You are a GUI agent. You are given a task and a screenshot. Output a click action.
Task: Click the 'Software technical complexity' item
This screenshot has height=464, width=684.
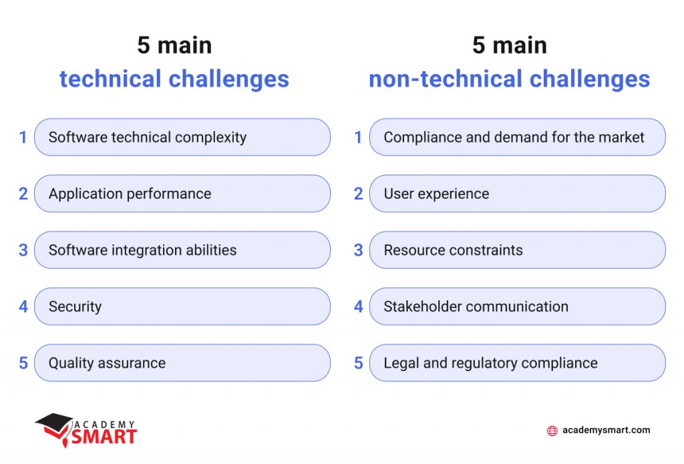pyautogui.click(x=182, y=138)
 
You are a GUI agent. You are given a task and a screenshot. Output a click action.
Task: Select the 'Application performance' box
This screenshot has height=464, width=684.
pyautogui.click(x=182, y=194)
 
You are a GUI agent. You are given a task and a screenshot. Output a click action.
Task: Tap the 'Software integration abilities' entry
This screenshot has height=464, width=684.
pyautogui.click(x=182, y=250)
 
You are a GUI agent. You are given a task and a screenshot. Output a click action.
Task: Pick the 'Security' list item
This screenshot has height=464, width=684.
pyautogui.click(x=182, y=306)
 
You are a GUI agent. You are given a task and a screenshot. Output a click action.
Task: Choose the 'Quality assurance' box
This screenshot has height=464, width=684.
pyautogui.click(x=182, y=363)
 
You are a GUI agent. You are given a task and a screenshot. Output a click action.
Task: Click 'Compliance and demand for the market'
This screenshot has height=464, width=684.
pyautogui.click(x=517, y=138)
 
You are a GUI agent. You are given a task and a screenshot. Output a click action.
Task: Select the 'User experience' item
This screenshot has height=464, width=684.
pyautogui.click(x=517, y=194)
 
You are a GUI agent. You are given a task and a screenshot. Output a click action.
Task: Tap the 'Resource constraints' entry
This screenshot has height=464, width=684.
pyautogui.click(x=517, y=250)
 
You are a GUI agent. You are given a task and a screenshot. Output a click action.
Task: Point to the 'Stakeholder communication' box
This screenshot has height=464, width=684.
pyautogui.click(x=517, y=306)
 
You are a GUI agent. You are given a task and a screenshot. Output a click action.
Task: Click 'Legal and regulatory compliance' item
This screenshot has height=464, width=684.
pyautogui.click(x=517, y=363)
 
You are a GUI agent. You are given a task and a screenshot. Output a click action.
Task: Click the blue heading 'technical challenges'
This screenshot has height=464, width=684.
pyautogui.click(x=174, y=79)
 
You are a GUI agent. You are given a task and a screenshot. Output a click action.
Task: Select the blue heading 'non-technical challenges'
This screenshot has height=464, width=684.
pyautogui.click(x=509, y=79)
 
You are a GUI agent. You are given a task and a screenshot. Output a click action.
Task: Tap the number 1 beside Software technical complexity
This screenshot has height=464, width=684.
pyautogui.click(x=23, y=138)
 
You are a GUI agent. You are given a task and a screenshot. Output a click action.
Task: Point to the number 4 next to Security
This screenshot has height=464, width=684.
pyautogui.click(x=23, y=306)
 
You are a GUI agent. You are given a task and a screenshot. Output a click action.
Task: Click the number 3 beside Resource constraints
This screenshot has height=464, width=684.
pyautogui.click(x=358, y=250)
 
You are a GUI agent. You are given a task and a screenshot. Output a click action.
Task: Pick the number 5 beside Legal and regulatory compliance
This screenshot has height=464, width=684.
pyautogui.click(x=358, y=363)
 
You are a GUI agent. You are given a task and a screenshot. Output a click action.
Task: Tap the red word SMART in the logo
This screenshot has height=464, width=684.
pyautogui.click(x=104, y=437)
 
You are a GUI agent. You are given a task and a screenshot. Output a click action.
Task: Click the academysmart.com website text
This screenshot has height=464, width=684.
pyautogui.click(x=606, y=431)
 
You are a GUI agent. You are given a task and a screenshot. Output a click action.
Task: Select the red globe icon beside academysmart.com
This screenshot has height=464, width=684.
pyautogui.click(x=552, y=431)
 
